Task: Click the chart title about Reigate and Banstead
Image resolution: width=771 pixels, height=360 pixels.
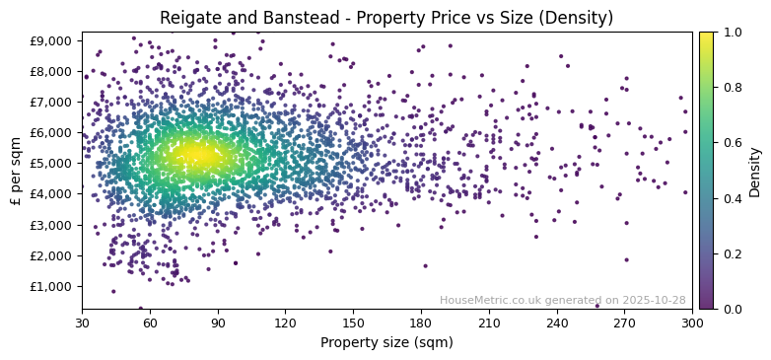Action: point(386,18)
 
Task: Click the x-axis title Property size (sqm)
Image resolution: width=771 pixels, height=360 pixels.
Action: point(386,343)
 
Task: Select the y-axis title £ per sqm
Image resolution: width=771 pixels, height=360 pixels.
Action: point(16,171)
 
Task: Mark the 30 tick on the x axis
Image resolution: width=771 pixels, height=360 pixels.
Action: point(82,323)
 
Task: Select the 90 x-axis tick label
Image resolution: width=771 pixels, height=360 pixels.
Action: point(218,323)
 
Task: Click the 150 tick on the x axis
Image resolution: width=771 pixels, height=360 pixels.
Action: point(353,323)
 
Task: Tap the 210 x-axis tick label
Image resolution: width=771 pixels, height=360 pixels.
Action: point(489,323)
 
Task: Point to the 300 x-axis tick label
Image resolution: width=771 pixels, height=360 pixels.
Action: point(692,323)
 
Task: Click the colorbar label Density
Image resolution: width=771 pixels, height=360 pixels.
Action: point(755,171)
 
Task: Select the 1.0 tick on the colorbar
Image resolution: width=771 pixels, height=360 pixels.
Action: point(731,32)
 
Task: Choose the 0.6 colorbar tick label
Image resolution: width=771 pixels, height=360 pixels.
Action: point(731,143)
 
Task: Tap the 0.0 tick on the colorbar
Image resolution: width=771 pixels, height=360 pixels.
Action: point(731,309)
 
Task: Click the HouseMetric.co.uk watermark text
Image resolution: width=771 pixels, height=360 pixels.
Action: point(562,300)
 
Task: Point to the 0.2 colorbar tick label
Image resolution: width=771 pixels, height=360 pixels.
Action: point(731,253)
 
